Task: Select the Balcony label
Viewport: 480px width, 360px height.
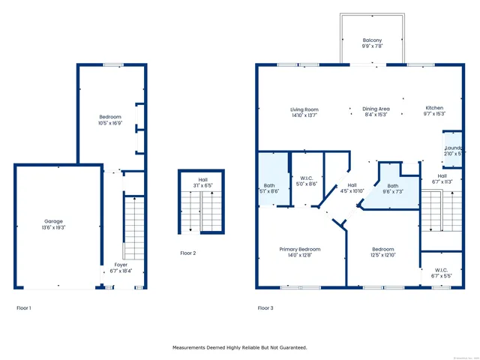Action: [x=372, y=43]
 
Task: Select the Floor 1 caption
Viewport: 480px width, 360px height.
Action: [x=24, y=307]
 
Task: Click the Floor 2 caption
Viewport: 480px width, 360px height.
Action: [x=187, y=253]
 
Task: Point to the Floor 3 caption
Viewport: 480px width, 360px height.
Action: [x=265, y=307]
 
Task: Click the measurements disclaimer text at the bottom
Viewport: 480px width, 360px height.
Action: [x=240, y=347]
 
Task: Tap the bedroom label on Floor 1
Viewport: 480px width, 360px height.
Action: [x=110, y=118]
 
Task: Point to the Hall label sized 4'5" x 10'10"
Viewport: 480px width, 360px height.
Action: [x=351, y=188]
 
